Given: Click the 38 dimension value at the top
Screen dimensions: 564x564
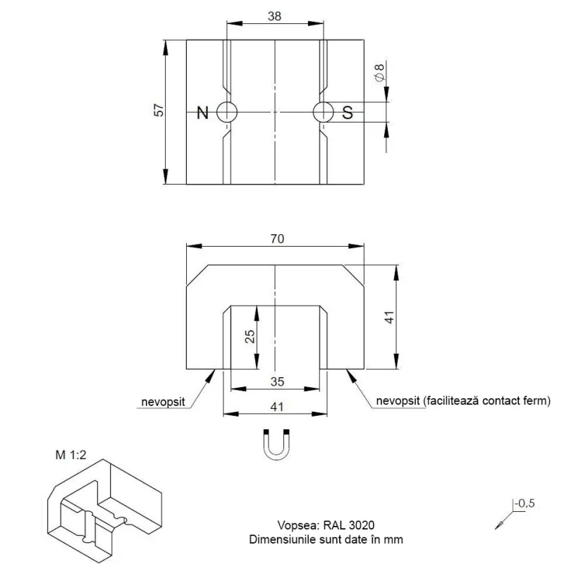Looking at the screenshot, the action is [x=274, y=16].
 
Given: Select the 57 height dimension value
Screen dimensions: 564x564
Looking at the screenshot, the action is [x=159, y=110].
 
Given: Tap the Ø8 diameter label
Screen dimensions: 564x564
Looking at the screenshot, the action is [x=379, y=73].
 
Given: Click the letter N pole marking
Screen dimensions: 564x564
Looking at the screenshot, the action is [x=202, y=113].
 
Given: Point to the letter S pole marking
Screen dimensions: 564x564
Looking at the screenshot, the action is [x=348, y=113].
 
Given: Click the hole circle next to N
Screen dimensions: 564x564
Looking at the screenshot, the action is [x=227, y=102].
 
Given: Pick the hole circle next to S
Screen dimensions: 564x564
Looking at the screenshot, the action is [x=324, y=102].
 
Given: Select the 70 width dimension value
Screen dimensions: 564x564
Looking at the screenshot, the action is [x=277, y=239].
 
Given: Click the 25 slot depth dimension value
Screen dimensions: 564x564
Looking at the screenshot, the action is [x=250, y=337].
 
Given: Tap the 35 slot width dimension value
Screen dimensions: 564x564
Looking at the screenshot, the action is [x=277, y=381].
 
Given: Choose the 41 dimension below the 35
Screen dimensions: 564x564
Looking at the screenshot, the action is [x=276, y=407].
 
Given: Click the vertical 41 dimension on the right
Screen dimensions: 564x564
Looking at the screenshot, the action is [x=390, y=317].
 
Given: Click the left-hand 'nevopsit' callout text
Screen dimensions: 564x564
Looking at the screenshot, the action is [x=163, y=402].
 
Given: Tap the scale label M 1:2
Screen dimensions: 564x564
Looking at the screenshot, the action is [x=71, y=455].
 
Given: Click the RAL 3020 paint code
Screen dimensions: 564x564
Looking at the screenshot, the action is [x=348, y=525].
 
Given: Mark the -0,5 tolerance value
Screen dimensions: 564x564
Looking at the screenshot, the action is [x=525, y=503].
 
